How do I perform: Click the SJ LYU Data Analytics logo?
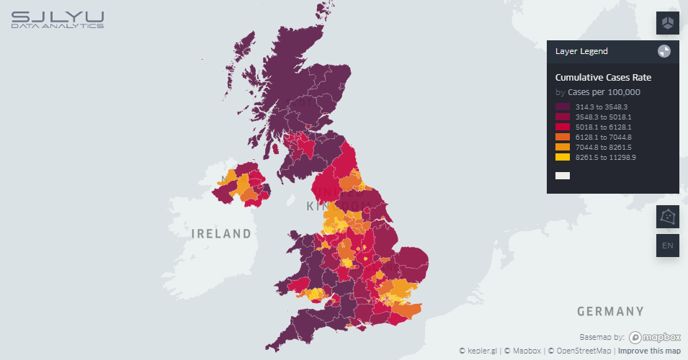58,19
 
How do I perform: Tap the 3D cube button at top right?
668,23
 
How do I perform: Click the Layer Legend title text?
581,51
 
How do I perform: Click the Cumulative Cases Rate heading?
603,78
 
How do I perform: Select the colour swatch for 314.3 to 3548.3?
563,107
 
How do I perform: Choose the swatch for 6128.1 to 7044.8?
563,137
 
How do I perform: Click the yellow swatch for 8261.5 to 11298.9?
563,157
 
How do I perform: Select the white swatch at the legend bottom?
563,176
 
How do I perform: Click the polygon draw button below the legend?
668,216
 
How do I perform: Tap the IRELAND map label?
221,234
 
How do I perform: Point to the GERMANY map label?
610,312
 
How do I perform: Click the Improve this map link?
649,351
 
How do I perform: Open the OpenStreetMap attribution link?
579,351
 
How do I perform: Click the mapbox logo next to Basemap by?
655,337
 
